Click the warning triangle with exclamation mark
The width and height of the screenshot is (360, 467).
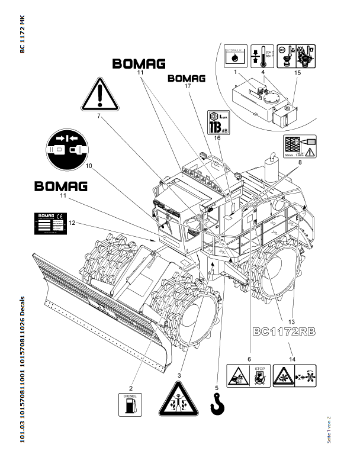click(101, 93)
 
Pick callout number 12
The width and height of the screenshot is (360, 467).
click(72, 223)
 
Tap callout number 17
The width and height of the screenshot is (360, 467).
click(187, 85)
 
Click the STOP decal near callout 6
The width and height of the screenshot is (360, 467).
click(258, 376)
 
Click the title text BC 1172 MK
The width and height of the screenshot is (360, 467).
click(21, 35)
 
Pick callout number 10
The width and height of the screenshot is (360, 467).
click(89, 166)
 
